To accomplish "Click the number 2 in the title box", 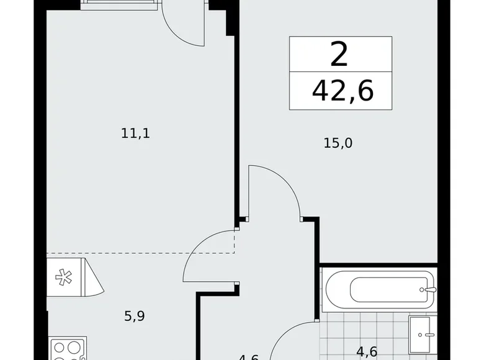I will coord(339,56).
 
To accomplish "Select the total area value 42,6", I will coord(343,91).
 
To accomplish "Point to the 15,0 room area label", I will coord(338,143).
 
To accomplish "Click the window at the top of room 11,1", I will coord(118,5).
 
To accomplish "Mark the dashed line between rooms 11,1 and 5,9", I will coord(140,253).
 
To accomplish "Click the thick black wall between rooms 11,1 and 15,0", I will coord(236,124).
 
